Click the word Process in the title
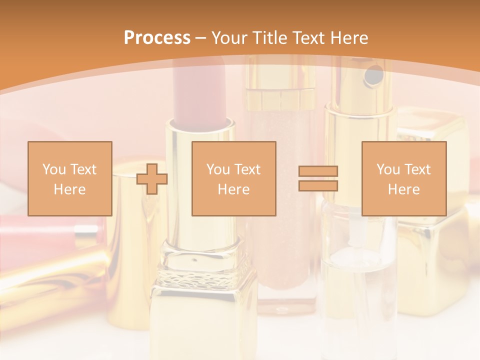[x=157, y=38]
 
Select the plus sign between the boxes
[x=152, y=178]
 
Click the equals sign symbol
[x=318, y=178]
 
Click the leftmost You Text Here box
[x=69, y=178]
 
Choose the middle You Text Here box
[x=233, y=178]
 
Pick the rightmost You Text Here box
[x=403, y=178]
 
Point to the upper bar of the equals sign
[x=318, y=171]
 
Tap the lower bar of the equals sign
[x=318, y=185]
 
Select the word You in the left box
[x=54, y=169]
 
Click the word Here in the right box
[x=403, y=189]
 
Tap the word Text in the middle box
[x=247, y=169]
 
